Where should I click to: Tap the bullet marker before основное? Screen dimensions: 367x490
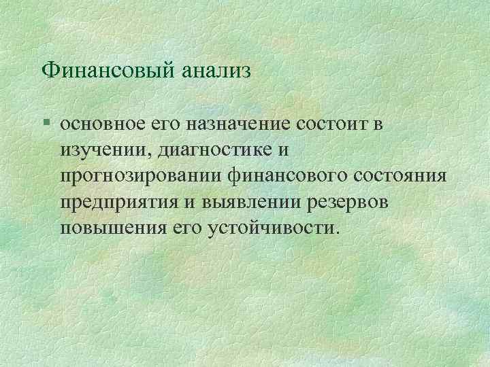[x=45, y=125]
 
